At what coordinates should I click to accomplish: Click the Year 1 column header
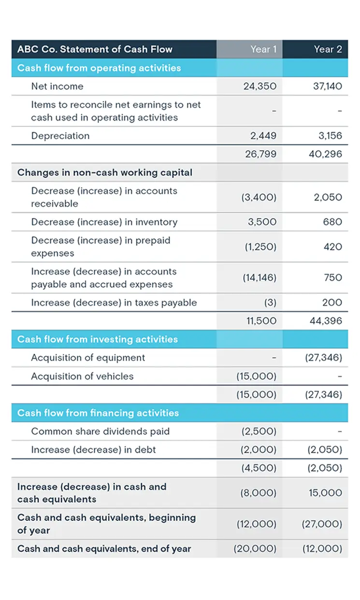click(x=263, y=49)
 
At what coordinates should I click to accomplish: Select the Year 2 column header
click(x=328, y=49)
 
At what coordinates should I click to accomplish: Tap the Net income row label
click(x=57, y=86)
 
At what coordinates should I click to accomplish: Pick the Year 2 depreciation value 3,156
click(x=330, y=136)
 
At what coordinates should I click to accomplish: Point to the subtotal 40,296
click(x=326, y=154)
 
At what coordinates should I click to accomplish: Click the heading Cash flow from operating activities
click(x=99, y=68)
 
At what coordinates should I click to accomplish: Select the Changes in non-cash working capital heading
click(x=105, y=172)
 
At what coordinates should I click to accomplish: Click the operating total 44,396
click(x=326, y=321)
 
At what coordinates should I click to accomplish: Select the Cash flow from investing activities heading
click(x=98, y=340)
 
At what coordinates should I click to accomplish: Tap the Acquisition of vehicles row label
click(x=82, y=376)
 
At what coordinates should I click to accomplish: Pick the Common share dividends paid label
click(x=101, y=431)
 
